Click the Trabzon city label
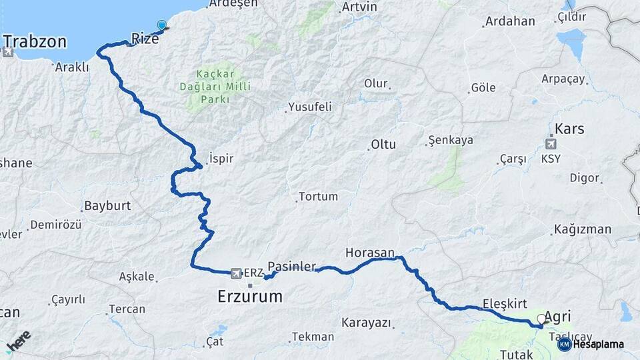coord(35,42)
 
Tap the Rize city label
coord(145,39)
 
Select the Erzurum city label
coord(250,296)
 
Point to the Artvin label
coord(359,7)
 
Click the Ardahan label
coord(510,21)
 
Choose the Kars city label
coord(569,128)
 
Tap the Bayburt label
coord(107,205)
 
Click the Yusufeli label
coord(309,107)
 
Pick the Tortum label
coord(318,197)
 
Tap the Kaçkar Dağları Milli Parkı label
coord(215,87)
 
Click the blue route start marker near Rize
coord(161,25)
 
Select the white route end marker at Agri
coord(541,319)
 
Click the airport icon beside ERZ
coord(235,273)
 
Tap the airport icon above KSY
coord(551,143)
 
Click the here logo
coord(18,340)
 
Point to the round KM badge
coord(564,344)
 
